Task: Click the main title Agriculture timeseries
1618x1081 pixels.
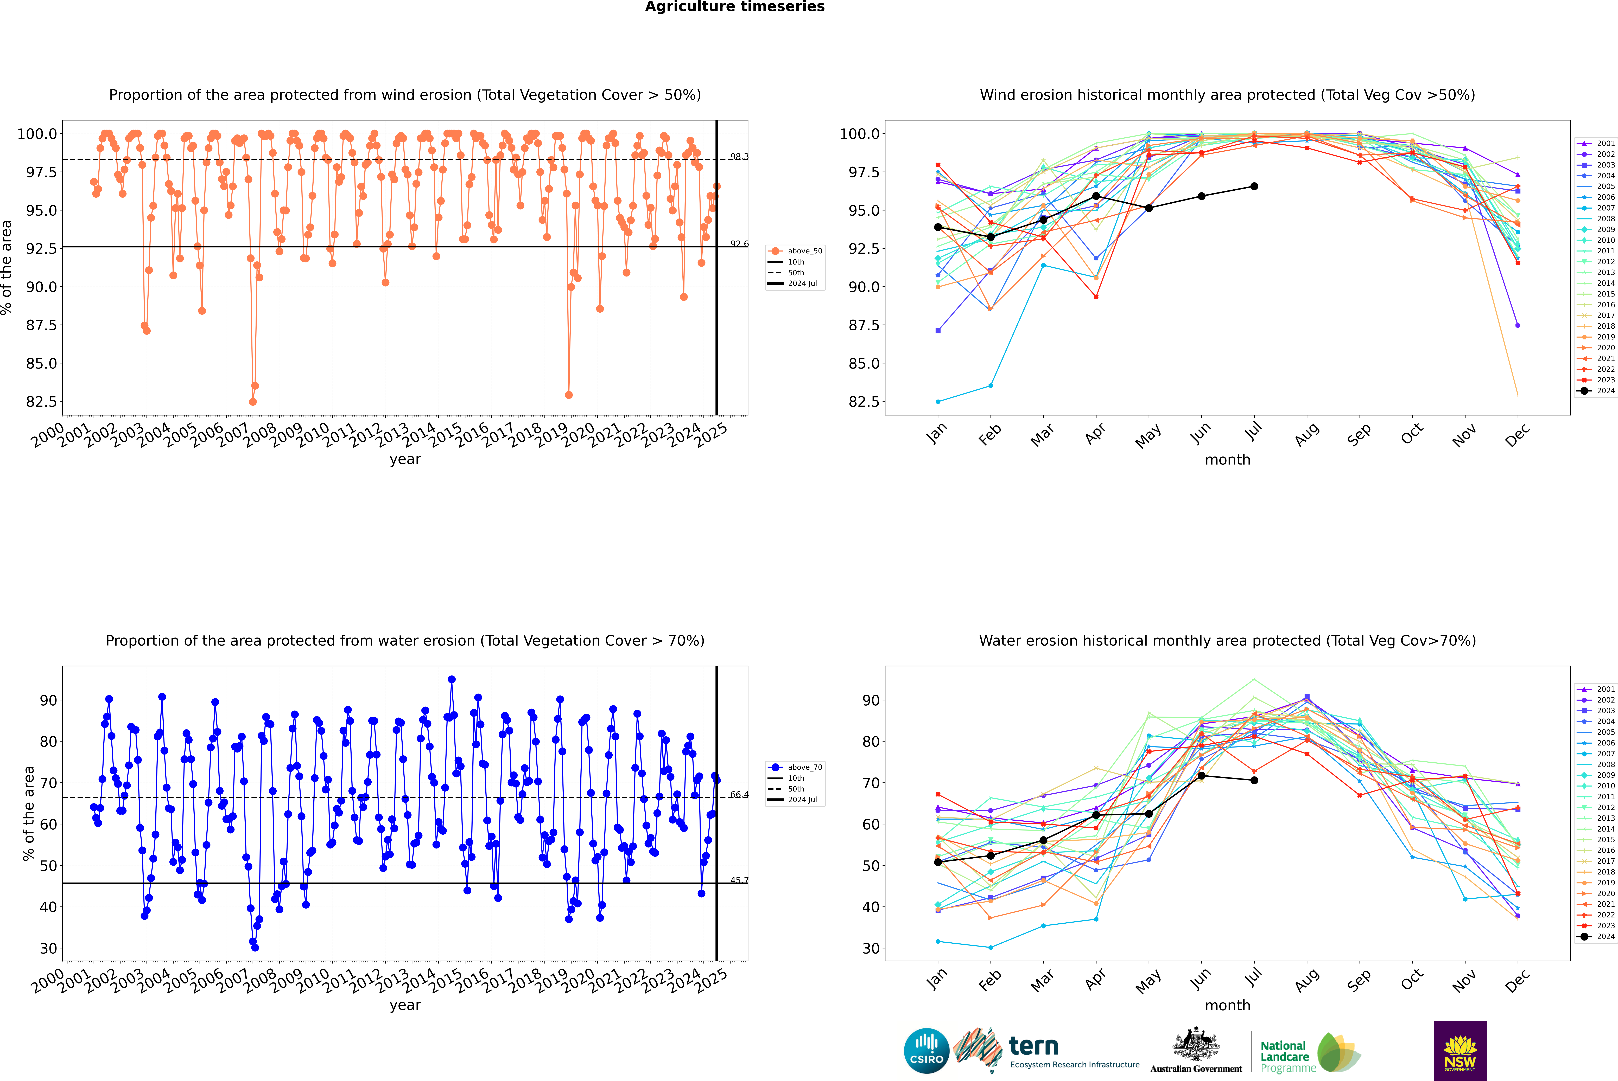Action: pyautogui.click(x=734, y=7)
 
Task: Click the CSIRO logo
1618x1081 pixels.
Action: pyautogui.click(x=926, y=1051)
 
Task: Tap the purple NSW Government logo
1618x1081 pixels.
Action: pyautogui.click(x=1460, y=1051)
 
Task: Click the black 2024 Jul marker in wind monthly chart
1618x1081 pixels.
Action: pyautogui.click(x=1254, y=186)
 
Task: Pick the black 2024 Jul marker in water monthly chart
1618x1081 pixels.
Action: pyautogui.click(x=1254, y=780)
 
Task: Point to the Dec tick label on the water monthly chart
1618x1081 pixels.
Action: pyautogui.click(x=1517, y=980)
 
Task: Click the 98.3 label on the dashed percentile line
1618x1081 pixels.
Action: pyautogui.click(x=739, y=157)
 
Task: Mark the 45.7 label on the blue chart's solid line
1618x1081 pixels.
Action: pyautogui.click(x=739, y=880)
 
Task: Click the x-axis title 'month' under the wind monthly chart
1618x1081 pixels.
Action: pyautogui.click(x=1228, y=460)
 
